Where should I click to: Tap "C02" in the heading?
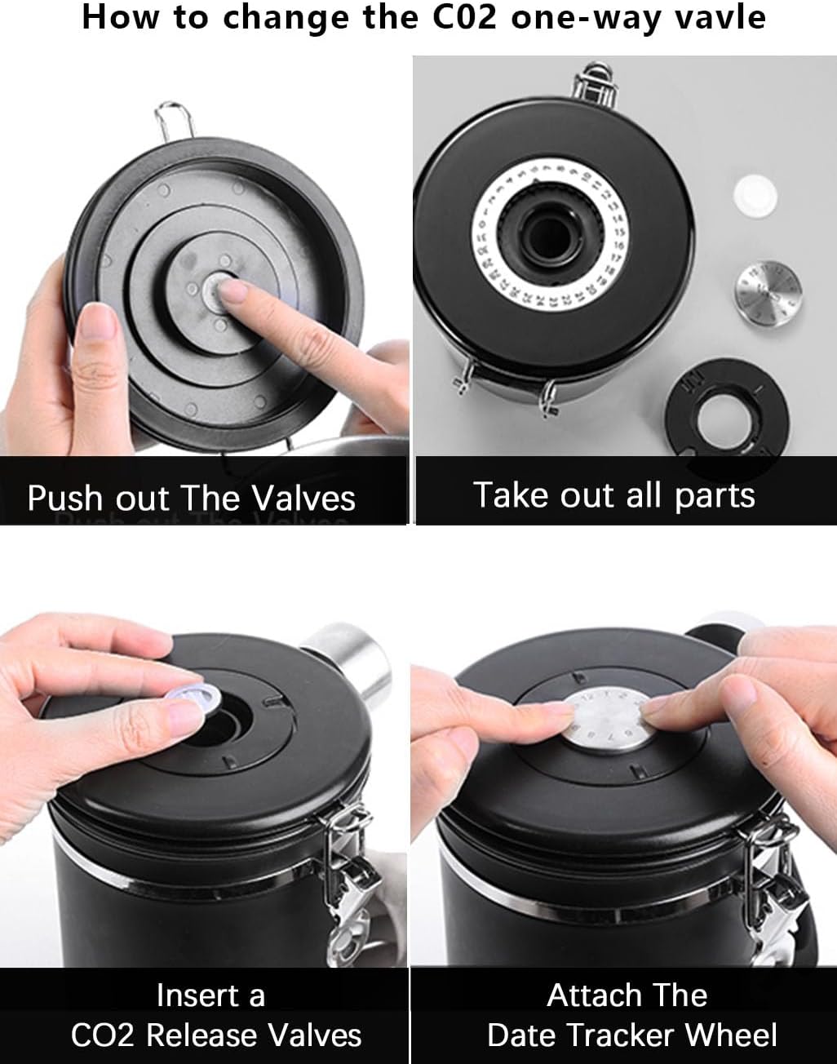[463, 17]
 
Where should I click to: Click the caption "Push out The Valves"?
[192, 497]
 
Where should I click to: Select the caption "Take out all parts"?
[613, 494]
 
